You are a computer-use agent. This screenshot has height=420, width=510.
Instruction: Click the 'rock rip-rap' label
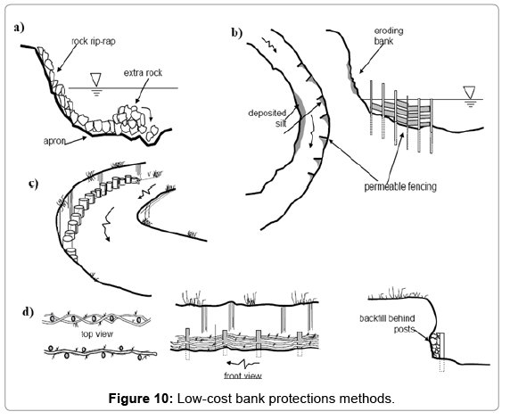[94, 42]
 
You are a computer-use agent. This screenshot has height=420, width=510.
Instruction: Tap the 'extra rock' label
[143, 73]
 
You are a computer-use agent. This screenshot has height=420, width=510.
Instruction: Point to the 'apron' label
[54, 141]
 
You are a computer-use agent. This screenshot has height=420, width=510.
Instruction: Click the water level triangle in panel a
[96, 79]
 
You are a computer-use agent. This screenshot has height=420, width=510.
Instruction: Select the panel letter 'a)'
[20, 28]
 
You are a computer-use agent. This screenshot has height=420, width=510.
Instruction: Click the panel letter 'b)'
[237, 33]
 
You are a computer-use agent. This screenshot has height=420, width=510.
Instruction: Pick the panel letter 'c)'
[33, 184]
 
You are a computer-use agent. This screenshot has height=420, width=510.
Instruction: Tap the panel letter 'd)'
[28, 312]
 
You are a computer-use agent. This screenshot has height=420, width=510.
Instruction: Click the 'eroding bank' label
[389, 36]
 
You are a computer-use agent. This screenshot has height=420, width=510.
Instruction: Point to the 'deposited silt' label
[267, 118]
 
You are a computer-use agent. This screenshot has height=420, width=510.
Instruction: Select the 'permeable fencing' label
[400, 186]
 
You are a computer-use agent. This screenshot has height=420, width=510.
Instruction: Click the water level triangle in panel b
[469, 92]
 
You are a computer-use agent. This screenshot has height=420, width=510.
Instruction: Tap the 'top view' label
[97, 334]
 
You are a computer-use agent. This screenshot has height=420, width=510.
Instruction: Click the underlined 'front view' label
[243, 375]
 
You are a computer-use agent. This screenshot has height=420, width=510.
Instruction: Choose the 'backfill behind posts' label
[387, 324]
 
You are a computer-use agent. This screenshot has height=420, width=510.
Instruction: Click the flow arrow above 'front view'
[243, 363]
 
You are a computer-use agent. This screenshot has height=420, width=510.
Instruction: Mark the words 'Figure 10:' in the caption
[141, 399]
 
